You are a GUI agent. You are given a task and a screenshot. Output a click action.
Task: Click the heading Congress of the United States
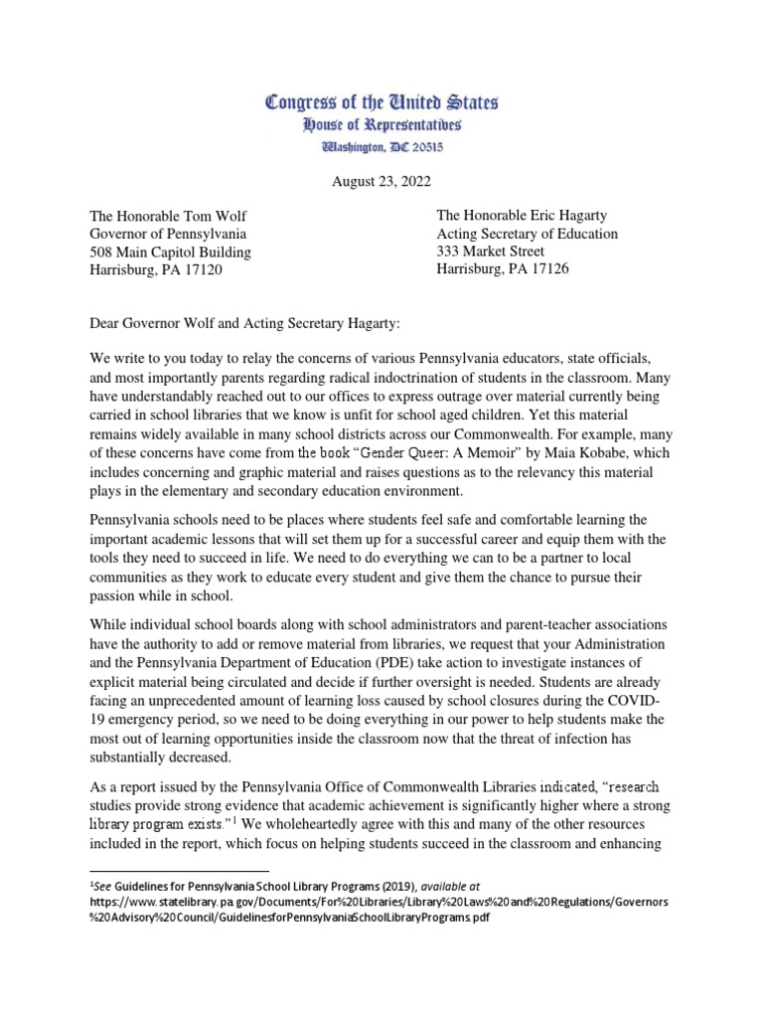click(x=381, y=102)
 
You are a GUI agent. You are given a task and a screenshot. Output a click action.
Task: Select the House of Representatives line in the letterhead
click(x=381, y=125)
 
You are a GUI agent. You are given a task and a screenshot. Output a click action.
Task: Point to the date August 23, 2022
click(x=381, y=182)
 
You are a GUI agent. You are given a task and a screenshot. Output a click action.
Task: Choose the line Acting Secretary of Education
click(x=528, y=234)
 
